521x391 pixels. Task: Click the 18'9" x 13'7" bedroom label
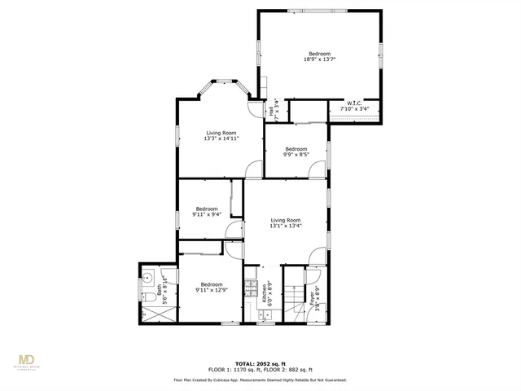[320, 56]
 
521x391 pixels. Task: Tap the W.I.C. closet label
[354, 106]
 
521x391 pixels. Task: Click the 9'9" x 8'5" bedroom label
[296, 152]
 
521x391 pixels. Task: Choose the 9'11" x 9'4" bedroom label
[207, 212]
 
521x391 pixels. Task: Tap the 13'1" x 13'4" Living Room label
[286, 223]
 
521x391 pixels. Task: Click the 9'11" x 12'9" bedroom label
[211, 287]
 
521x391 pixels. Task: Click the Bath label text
[161, 286]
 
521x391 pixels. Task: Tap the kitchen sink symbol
[264, 310]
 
